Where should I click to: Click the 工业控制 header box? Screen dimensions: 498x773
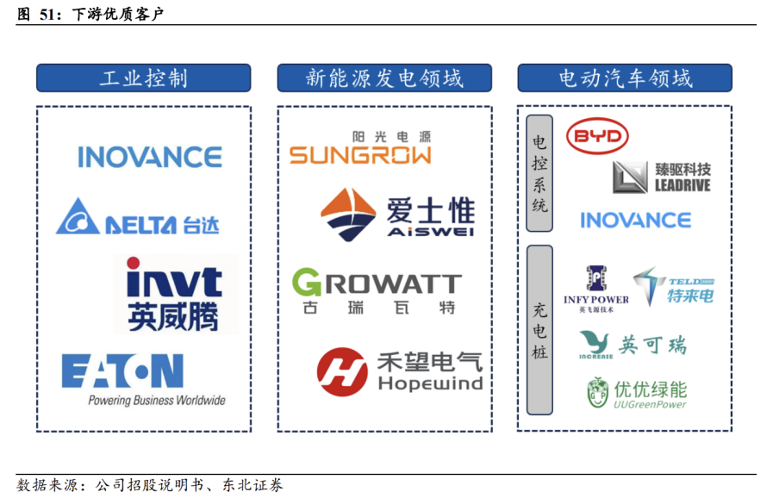(143, 78)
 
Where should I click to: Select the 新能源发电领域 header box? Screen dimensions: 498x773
(384, 78)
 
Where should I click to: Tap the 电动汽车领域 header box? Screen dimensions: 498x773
(625, 78)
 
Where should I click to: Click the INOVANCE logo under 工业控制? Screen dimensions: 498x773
(149, 157)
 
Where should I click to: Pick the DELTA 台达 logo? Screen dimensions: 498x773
(138, 217)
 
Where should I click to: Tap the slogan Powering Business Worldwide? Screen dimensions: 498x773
(156, 401)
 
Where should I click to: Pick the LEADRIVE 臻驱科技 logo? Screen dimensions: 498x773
(661, 177)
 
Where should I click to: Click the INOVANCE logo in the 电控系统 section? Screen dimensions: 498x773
(635, 220)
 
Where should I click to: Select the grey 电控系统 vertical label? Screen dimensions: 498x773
(539, 173)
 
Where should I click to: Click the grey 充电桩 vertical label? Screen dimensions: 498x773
(539, 330)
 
